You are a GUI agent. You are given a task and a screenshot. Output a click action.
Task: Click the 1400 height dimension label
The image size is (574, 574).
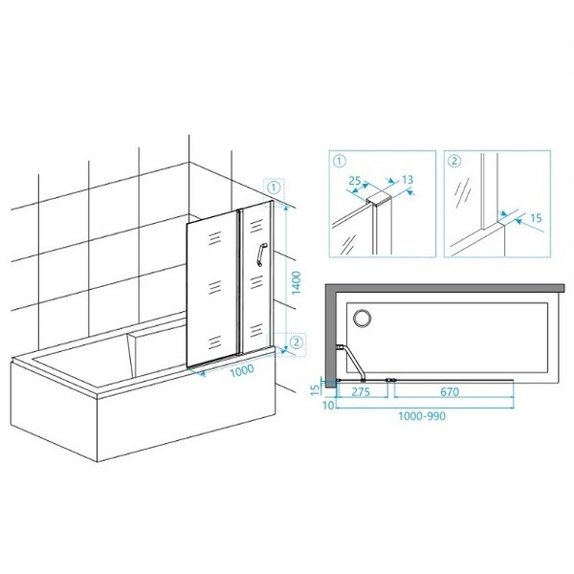297,282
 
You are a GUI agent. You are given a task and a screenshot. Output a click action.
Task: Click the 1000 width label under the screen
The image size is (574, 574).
242,369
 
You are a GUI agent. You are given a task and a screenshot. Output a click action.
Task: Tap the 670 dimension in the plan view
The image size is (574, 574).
450,392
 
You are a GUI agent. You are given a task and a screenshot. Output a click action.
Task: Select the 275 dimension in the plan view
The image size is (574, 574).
361,392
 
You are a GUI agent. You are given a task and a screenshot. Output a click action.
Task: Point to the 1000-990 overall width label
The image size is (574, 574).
422,416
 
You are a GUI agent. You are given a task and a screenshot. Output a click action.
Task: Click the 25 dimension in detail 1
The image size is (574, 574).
354,181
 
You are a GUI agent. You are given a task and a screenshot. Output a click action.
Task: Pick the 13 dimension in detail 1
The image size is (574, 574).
408,180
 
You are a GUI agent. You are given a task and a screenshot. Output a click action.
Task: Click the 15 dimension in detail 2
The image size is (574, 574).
536,218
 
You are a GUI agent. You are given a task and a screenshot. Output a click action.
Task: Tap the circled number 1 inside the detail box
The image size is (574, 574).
340,161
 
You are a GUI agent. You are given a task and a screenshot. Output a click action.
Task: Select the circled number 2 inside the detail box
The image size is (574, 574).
454,161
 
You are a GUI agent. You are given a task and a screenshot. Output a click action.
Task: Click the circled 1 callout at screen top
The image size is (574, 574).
274,188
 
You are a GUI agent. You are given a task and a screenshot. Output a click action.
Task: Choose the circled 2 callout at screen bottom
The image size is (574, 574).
297,342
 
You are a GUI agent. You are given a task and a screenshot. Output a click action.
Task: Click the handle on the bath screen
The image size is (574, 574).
260,254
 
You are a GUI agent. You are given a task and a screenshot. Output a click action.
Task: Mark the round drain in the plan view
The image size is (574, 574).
362,318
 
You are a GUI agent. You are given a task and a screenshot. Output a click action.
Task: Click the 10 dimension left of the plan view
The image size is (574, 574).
328,406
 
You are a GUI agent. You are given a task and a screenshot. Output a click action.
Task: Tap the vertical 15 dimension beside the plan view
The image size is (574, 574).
315,390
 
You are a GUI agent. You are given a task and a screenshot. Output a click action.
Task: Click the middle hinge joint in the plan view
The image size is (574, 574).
391,381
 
